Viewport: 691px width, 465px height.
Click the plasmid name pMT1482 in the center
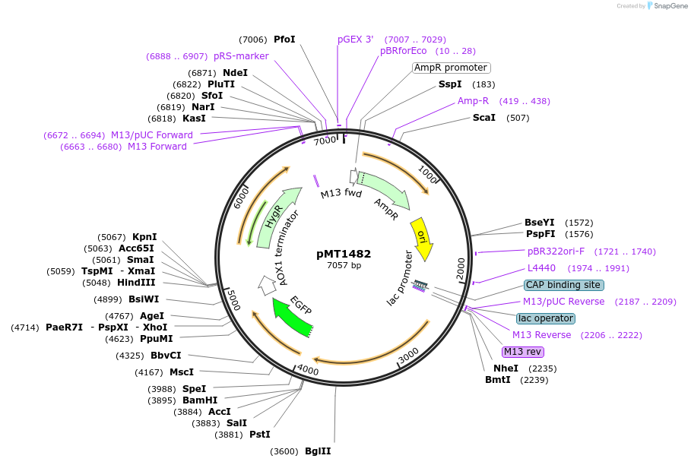point(344,254)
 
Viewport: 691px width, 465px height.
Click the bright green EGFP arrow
point(292,317)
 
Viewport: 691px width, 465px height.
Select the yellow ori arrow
point(422,239)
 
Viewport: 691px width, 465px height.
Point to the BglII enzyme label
point(318,451)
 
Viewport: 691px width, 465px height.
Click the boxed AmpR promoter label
point(451,68)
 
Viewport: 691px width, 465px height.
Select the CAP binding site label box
point(564,285)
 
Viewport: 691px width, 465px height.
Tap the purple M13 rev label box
point(523,352)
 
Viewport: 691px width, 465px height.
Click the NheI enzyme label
point(506,369)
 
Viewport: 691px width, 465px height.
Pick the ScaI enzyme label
point(484,118)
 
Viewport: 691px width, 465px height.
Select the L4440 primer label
point(542,268)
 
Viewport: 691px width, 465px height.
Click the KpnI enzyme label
point(144,237)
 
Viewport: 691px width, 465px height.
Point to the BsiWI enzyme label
point(144,299)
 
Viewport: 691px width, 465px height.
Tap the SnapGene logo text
point(667,6)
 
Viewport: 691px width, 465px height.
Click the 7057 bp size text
point(344,266)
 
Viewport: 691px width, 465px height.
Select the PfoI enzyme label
point(284,40)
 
